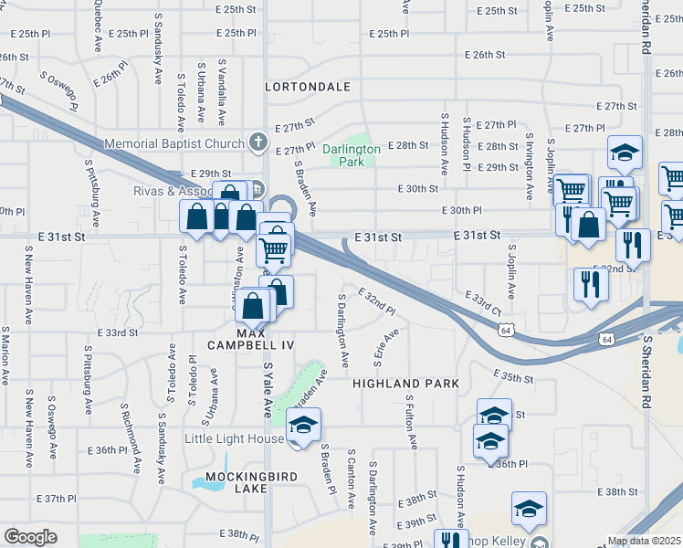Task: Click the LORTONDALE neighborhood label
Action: coord(308,87)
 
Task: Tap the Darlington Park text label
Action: coord(351,155)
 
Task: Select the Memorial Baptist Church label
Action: coord(173,143)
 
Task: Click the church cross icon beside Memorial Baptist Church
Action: coord(258,142)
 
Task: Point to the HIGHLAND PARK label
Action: coord(405,384)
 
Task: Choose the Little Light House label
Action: coord(234,438)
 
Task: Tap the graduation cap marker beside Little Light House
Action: coord(303,426)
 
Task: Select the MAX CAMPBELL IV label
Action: coord(251,338)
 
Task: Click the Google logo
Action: coord(30,537)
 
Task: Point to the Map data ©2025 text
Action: coord(645,541)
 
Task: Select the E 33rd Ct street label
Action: coord(483,305)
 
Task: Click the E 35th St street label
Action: coord(512,375)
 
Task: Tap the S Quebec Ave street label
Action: coord(97,14)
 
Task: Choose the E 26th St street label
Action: coord(485,55)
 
